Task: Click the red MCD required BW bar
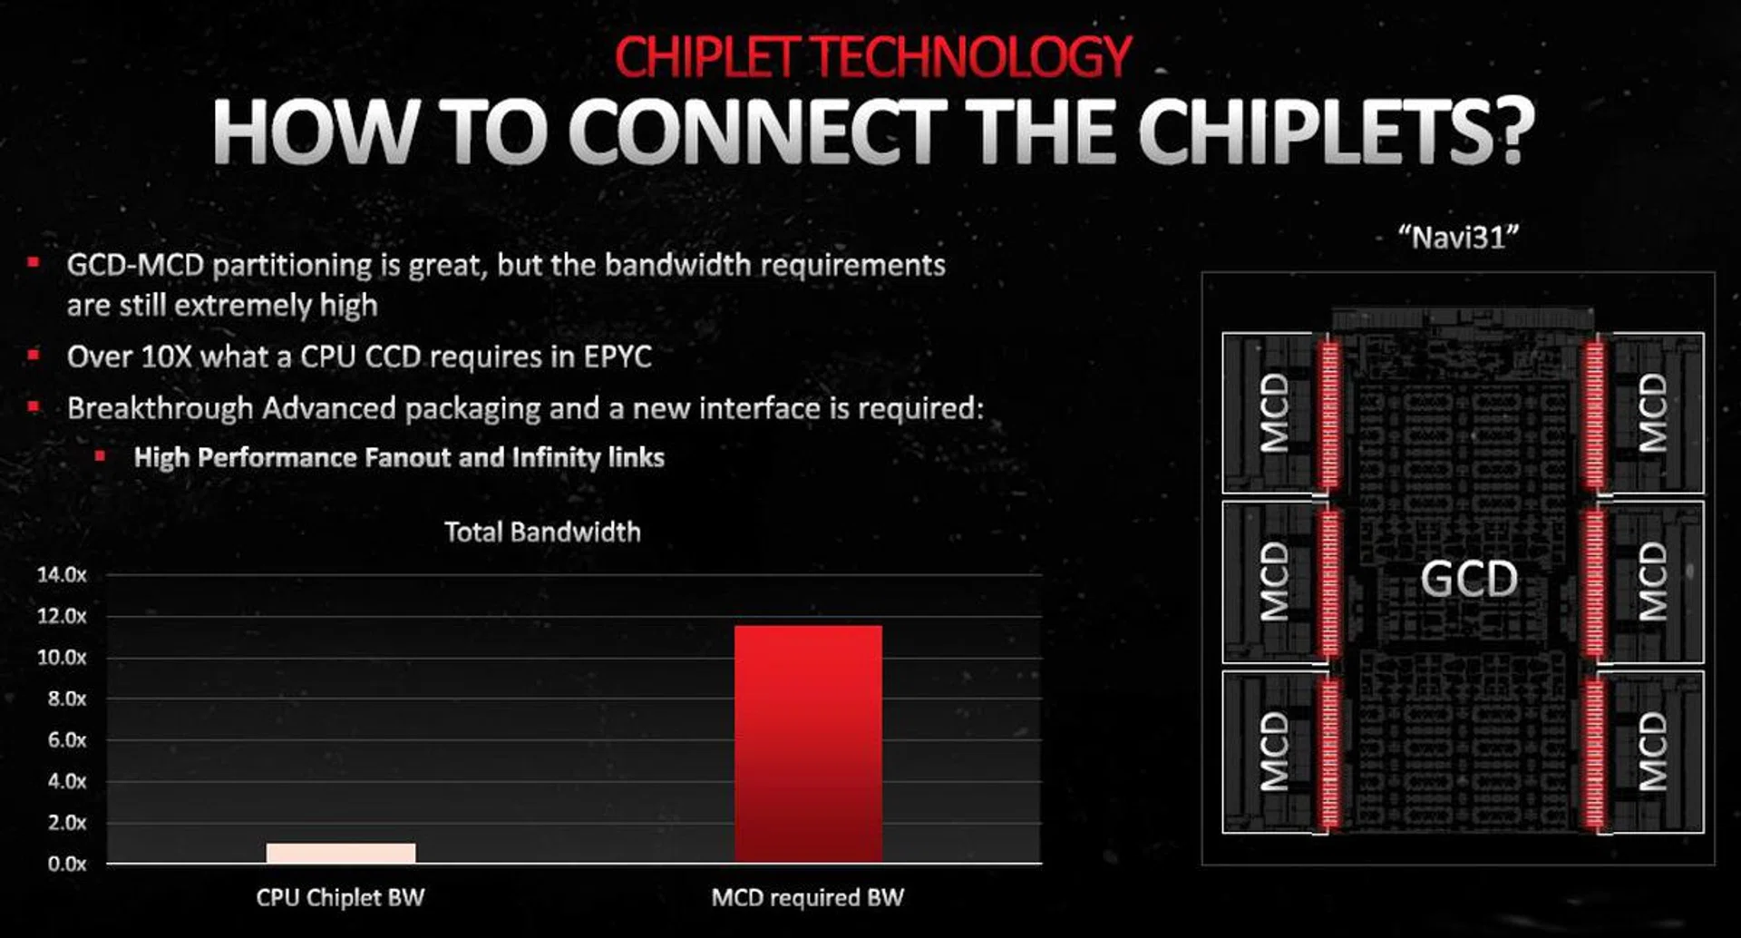[808, 744]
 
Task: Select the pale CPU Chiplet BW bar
[341, 853]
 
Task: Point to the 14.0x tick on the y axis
[62, 574]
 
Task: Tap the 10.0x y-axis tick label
[62, 658]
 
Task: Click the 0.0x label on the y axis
[67, 864]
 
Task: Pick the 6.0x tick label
[67, 740]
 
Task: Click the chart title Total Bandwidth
[542, 532]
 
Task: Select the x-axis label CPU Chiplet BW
[340, 898]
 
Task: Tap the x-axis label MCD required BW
[808, 898]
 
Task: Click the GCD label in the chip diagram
[1469, 579]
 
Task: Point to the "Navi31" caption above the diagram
[1458, 238]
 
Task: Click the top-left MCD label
[1274, 413]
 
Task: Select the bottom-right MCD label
[1652, 751]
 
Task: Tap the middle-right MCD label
[1652, 581]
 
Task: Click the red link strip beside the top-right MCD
[1595, 414]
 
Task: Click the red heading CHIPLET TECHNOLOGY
[872, 56]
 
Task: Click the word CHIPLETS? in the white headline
[1336, 131]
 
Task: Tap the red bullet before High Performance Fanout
[100, 455]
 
